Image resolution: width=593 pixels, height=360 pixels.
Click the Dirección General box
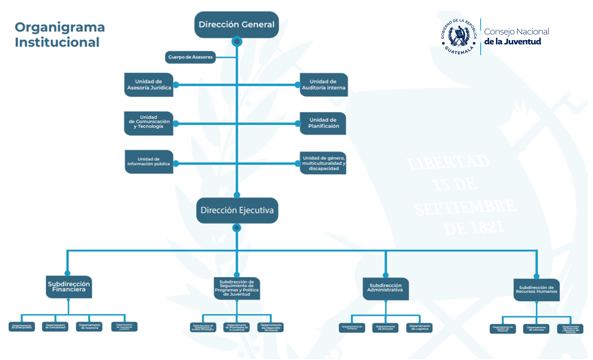[236, 24]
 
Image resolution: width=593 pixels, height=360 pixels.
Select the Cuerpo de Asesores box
[190, 57]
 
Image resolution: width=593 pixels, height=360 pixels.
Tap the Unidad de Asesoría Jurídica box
[149, 85]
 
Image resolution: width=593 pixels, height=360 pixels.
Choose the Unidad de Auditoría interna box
[324, 85]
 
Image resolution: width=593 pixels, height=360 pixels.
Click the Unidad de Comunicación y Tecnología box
[149, 123]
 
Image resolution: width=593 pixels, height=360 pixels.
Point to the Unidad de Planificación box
[323, 123]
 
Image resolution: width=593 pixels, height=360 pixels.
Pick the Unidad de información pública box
[149, 162]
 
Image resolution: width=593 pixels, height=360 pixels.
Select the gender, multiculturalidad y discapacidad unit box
[323, 163]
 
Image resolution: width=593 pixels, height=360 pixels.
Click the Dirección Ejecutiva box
[237, 210]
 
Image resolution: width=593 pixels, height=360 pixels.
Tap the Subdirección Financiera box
[69, 287]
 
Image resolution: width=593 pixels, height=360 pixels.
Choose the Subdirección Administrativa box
[385, 288]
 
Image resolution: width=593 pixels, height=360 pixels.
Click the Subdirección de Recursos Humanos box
[536, 290]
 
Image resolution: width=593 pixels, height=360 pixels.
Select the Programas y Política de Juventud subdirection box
[237, 288]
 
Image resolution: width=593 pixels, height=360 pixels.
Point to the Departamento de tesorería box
[90, 327]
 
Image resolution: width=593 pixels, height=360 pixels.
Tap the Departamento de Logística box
[420, 328]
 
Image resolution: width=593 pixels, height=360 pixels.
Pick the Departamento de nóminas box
[536, 328]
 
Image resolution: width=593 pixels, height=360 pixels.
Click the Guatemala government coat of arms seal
[459, 36]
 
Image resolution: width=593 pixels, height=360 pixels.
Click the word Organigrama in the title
[60, 27]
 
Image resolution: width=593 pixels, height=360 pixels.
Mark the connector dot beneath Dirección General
[237, 41]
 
